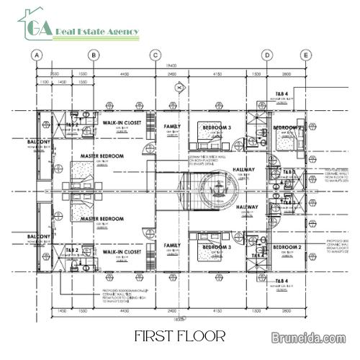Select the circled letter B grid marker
[x=93, y=55]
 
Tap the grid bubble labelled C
[x=154, y=55]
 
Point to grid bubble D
[x=266, y=55]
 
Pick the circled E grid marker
[x=305, y=55]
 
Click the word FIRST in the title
[x=153, y=336]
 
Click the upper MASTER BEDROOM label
[x=102, y=156]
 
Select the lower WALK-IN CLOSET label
[x=120, y=252]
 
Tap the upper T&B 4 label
[x=282, y=94]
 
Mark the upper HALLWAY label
[x=244, y=170]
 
